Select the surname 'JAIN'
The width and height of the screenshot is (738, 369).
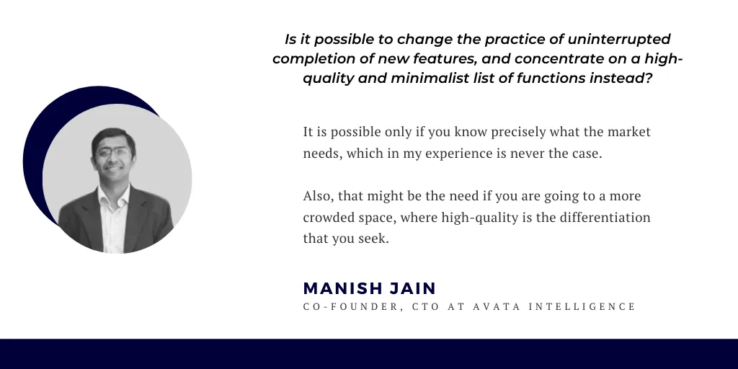point(413,288)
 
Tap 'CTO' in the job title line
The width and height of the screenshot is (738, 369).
point(426,307)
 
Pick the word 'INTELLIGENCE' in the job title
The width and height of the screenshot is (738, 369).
point(582,307)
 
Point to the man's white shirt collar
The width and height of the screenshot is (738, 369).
point(113,193)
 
